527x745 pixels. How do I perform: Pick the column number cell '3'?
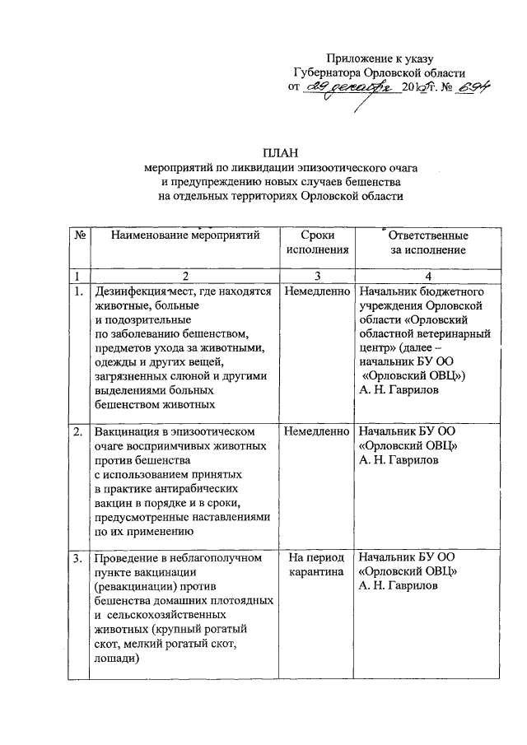click(317, 275)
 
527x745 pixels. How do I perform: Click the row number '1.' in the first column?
click(78, 291)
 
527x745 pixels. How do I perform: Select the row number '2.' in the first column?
click(78, 431)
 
